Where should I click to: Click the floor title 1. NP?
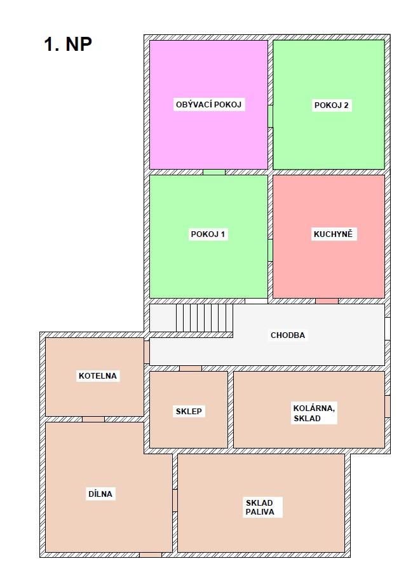click(x=68, y=44)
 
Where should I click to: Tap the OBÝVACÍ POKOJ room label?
click(x=208, y=104)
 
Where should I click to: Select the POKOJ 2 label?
click(x=332, y=105)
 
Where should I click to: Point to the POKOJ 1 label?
click(x=208, y=234)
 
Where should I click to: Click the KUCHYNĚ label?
click(x=333, y=234)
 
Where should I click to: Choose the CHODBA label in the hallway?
click(x=288, y=335)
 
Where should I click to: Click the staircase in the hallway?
click(x=205, y=318)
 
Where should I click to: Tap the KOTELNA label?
click(x=98, y=376)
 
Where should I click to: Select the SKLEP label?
click(x=189, y=412)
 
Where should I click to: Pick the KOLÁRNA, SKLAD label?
click(x=314, y=414)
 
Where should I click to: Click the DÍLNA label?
click(x=100, y=494)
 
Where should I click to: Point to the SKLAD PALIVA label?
click(x=260, y=508)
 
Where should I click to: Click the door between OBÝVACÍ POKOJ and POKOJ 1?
click(x=214, y=172)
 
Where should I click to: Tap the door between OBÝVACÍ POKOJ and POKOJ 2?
click(x=270, y=116)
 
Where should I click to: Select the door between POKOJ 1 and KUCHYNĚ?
click(x=270, y=250)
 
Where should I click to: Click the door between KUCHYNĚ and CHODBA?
click(x=327, y=301)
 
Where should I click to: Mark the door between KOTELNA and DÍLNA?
click(x=93, y=419)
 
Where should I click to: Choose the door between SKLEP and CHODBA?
click(x=191, y=368)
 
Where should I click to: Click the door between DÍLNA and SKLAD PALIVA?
click(x=175, y=501)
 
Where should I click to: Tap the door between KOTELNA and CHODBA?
click(x=147, y=352)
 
